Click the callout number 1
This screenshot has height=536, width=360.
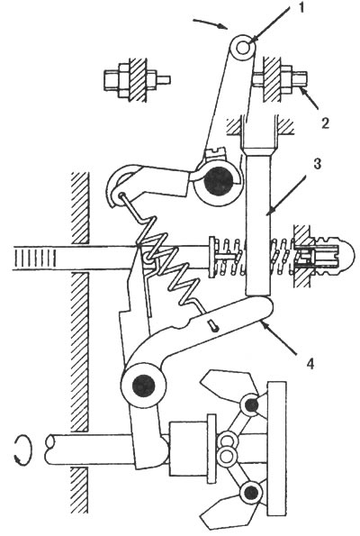tap(301, 8)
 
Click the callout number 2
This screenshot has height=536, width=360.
tap(325, 123)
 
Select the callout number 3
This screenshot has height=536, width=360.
tap(318, 164)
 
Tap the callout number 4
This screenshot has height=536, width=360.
tap(310, 364)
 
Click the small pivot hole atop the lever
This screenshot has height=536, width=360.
tap(243, 47)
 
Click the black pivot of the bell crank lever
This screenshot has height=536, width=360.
tap(144, 386)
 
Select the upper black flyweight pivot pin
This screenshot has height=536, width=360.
tap(252, 405)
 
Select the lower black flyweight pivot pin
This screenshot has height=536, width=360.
tap(251, 492)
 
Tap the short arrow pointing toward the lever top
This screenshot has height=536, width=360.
tap(211, 24)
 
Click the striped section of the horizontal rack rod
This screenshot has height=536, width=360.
tap(34, 258)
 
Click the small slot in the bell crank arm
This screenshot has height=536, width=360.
tap(214, 325)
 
